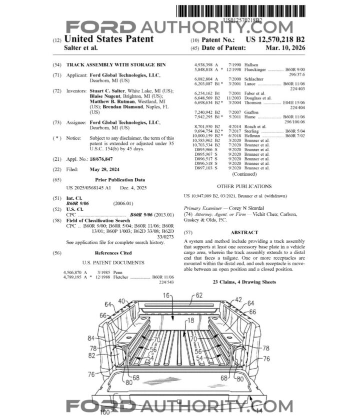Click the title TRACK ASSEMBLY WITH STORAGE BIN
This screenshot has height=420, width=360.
115,65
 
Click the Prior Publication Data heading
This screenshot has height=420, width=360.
119,179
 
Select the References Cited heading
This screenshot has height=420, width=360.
113,253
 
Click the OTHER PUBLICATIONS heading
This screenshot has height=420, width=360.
244,186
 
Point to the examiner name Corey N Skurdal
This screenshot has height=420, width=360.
243,207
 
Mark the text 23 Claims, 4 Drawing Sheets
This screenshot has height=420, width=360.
244,282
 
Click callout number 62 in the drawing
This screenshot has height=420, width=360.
199,295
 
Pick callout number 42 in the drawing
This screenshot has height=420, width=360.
237,300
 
